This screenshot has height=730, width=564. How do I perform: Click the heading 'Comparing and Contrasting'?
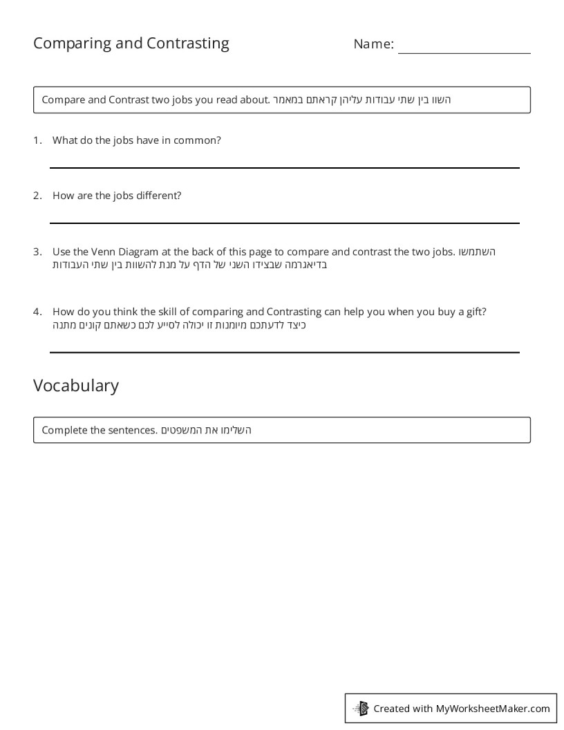click(x=131, y=44)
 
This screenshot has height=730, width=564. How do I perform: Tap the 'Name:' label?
click(x=373, y=44)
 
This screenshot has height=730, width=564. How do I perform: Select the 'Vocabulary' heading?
click(x=76, y=385)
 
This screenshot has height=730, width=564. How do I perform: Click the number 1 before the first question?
click(x=37, y=140)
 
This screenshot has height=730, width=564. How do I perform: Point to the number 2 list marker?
click(x=37, y=196)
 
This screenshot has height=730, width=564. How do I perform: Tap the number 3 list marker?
click(x=37, y=252)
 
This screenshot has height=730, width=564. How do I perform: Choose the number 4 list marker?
click(x=37, y=312)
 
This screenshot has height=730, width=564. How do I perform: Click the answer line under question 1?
click(x=284, y=167)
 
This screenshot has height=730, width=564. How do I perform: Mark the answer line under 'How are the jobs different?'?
click(x=284, y=223)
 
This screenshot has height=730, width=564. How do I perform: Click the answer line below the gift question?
click(x=284, y=352)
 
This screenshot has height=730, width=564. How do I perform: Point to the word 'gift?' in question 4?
click(x=476, y=312)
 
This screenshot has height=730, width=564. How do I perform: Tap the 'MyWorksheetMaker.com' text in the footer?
click(x=493, y=708)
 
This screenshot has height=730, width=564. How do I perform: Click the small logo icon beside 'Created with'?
click(x=361, y=708)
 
